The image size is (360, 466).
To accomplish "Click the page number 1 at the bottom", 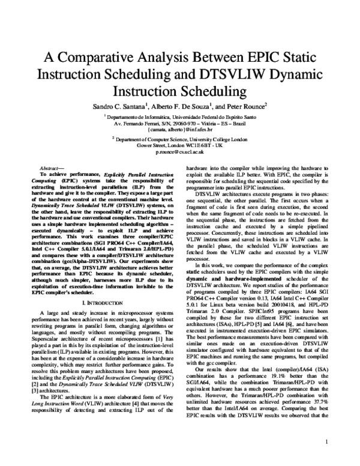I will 326,442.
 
